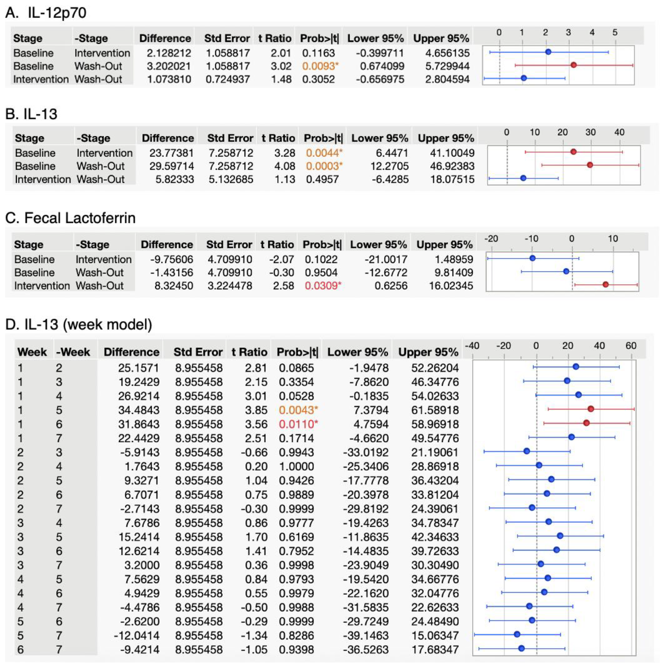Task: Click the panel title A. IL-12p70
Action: coord(46,13)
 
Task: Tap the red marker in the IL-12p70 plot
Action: coord(574,65)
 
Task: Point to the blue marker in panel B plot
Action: coord(523,178)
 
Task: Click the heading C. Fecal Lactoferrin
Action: coord(70,218)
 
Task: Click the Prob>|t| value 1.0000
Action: coord(296,466)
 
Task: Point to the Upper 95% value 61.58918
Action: coord(435,410)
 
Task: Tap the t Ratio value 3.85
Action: coord(256,410)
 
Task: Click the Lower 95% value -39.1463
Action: coord(366,635)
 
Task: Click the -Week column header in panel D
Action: coord(73,352)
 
